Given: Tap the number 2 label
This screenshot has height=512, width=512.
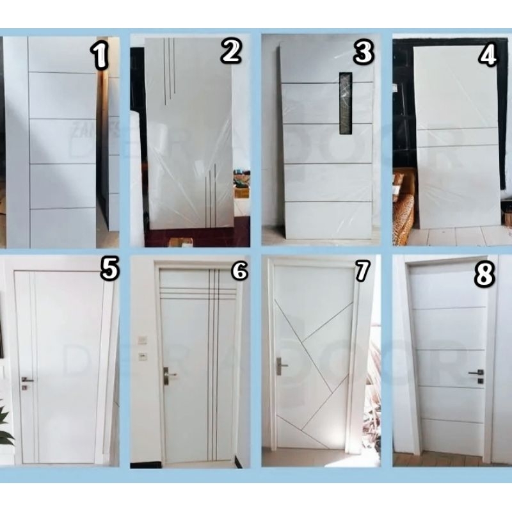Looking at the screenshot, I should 231,51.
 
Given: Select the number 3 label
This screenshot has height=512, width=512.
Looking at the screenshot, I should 363,52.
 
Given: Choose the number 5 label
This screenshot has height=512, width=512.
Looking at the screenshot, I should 109,269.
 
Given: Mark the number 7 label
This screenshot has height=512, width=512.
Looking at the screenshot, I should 363,271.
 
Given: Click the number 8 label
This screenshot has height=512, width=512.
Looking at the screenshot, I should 484,275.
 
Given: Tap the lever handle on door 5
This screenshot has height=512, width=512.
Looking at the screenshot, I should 26,380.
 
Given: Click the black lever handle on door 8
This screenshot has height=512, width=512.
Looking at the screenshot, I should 476,372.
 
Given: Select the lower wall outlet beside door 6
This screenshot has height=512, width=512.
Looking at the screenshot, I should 143,356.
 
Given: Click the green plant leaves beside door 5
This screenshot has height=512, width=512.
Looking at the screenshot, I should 5,426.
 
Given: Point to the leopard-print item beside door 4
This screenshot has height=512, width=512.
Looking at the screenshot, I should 403,218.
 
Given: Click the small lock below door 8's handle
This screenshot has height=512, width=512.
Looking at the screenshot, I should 481,381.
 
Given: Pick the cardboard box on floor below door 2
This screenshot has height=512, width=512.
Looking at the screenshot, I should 180,243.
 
